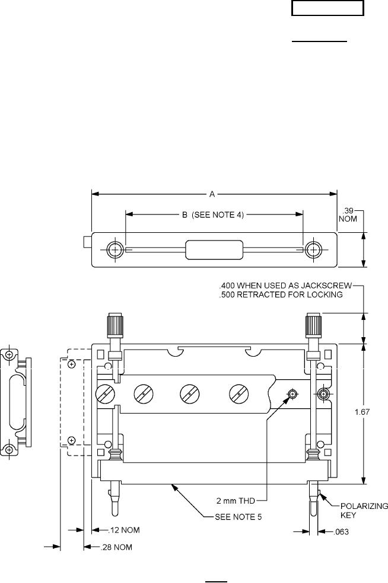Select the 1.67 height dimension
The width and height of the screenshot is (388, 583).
(x=371, y=413)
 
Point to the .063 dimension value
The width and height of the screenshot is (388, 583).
(x=338, y=532)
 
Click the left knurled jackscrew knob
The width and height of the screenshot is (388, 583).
(x=113, y=325)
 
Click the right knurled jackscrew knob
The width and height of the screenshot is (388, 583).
(x=313, y=325)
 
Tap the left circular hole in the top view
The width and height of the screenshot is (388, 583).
(x=113, y=249)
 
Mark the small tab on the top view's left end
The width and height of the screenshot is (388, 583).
(x=87, y=242)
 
